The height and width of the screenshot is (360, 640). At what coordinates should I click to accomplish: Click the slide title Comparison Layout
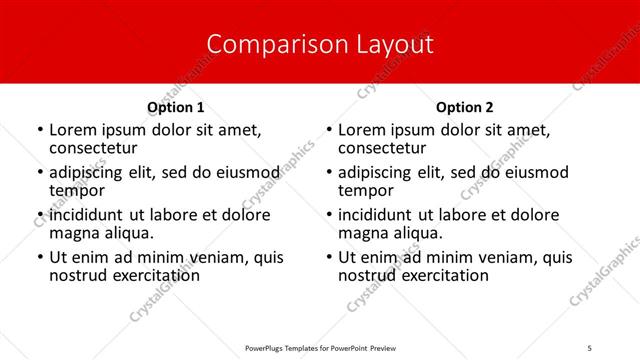point(320,45)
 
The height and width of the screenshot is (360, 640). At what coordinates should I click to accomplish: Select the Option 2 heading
point(464,107)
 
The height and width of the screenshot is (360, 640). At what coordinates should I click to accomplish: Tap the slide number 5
point(590,347)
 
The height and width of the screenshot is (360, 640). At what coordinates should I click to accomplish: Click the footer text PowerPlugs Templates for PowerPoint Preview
point(320,347)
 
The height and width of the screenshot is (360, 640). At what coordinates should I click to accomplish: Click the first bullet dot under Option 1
point(40,131)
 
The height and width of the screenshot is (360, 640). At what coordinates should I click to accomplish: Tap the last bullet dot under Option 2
point(329,258)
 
